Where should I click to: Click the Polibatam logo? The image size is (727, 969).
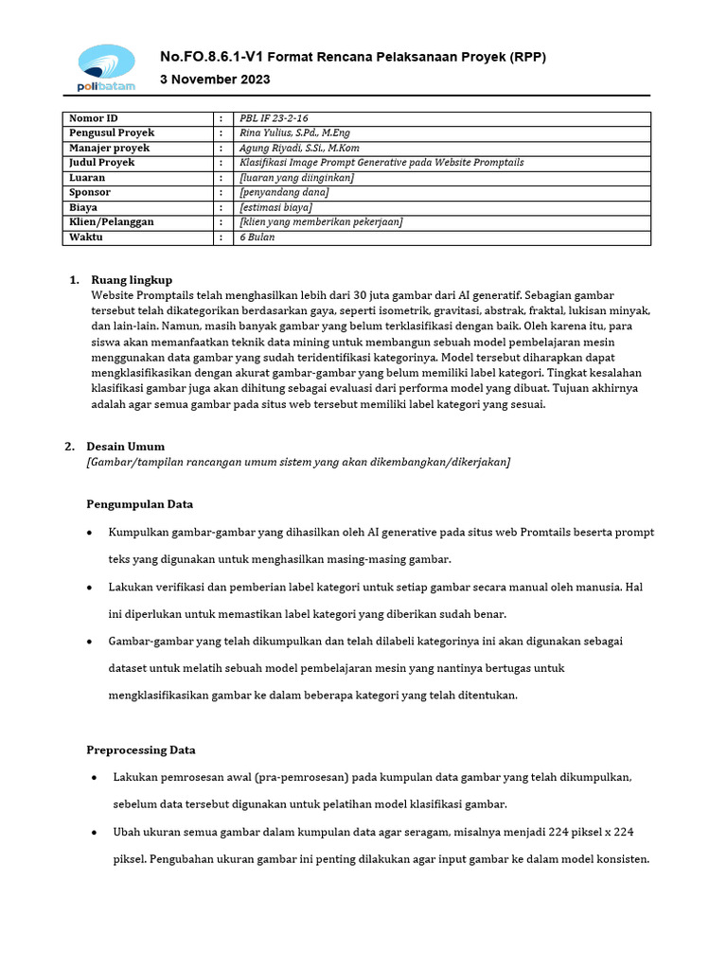(x=106, y=68)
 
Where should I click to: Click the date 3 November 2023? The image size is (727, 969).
(x=215, y=79)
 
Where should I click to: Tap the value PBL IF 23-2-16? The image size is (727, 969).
(x=275, y=119)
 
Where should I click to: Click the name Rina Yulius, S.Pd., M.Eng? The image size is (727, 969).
(x=295, y=133)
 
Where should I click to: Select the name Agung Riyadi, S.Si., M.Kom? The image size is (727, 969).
(x=300, y=149)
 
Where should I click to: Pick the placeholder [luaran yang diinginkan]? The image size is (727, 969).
(x=297, y=178)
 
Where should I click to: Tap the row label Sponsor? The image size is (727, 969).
(x=91, y=192)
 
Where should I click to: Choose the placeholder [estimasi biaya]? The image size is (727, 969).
(x=276, y=207)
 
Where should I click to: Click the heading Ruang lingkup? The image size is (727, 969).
(x=132, y=280)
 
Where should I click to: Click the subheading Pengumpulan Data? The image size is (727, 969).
(x=140, y=504)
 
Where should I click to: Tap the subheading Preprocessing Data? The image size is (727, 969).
(x=141, y=750)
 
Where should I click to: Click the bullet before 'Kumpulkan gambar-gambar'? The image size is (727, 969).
(x=89, y=533)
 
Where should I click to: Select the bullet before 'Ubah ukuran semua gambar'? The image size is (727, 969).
(x=93, y=833)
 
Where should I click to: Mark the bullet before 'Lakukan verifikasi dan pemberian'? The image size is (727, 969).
(x=89, y=588)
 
